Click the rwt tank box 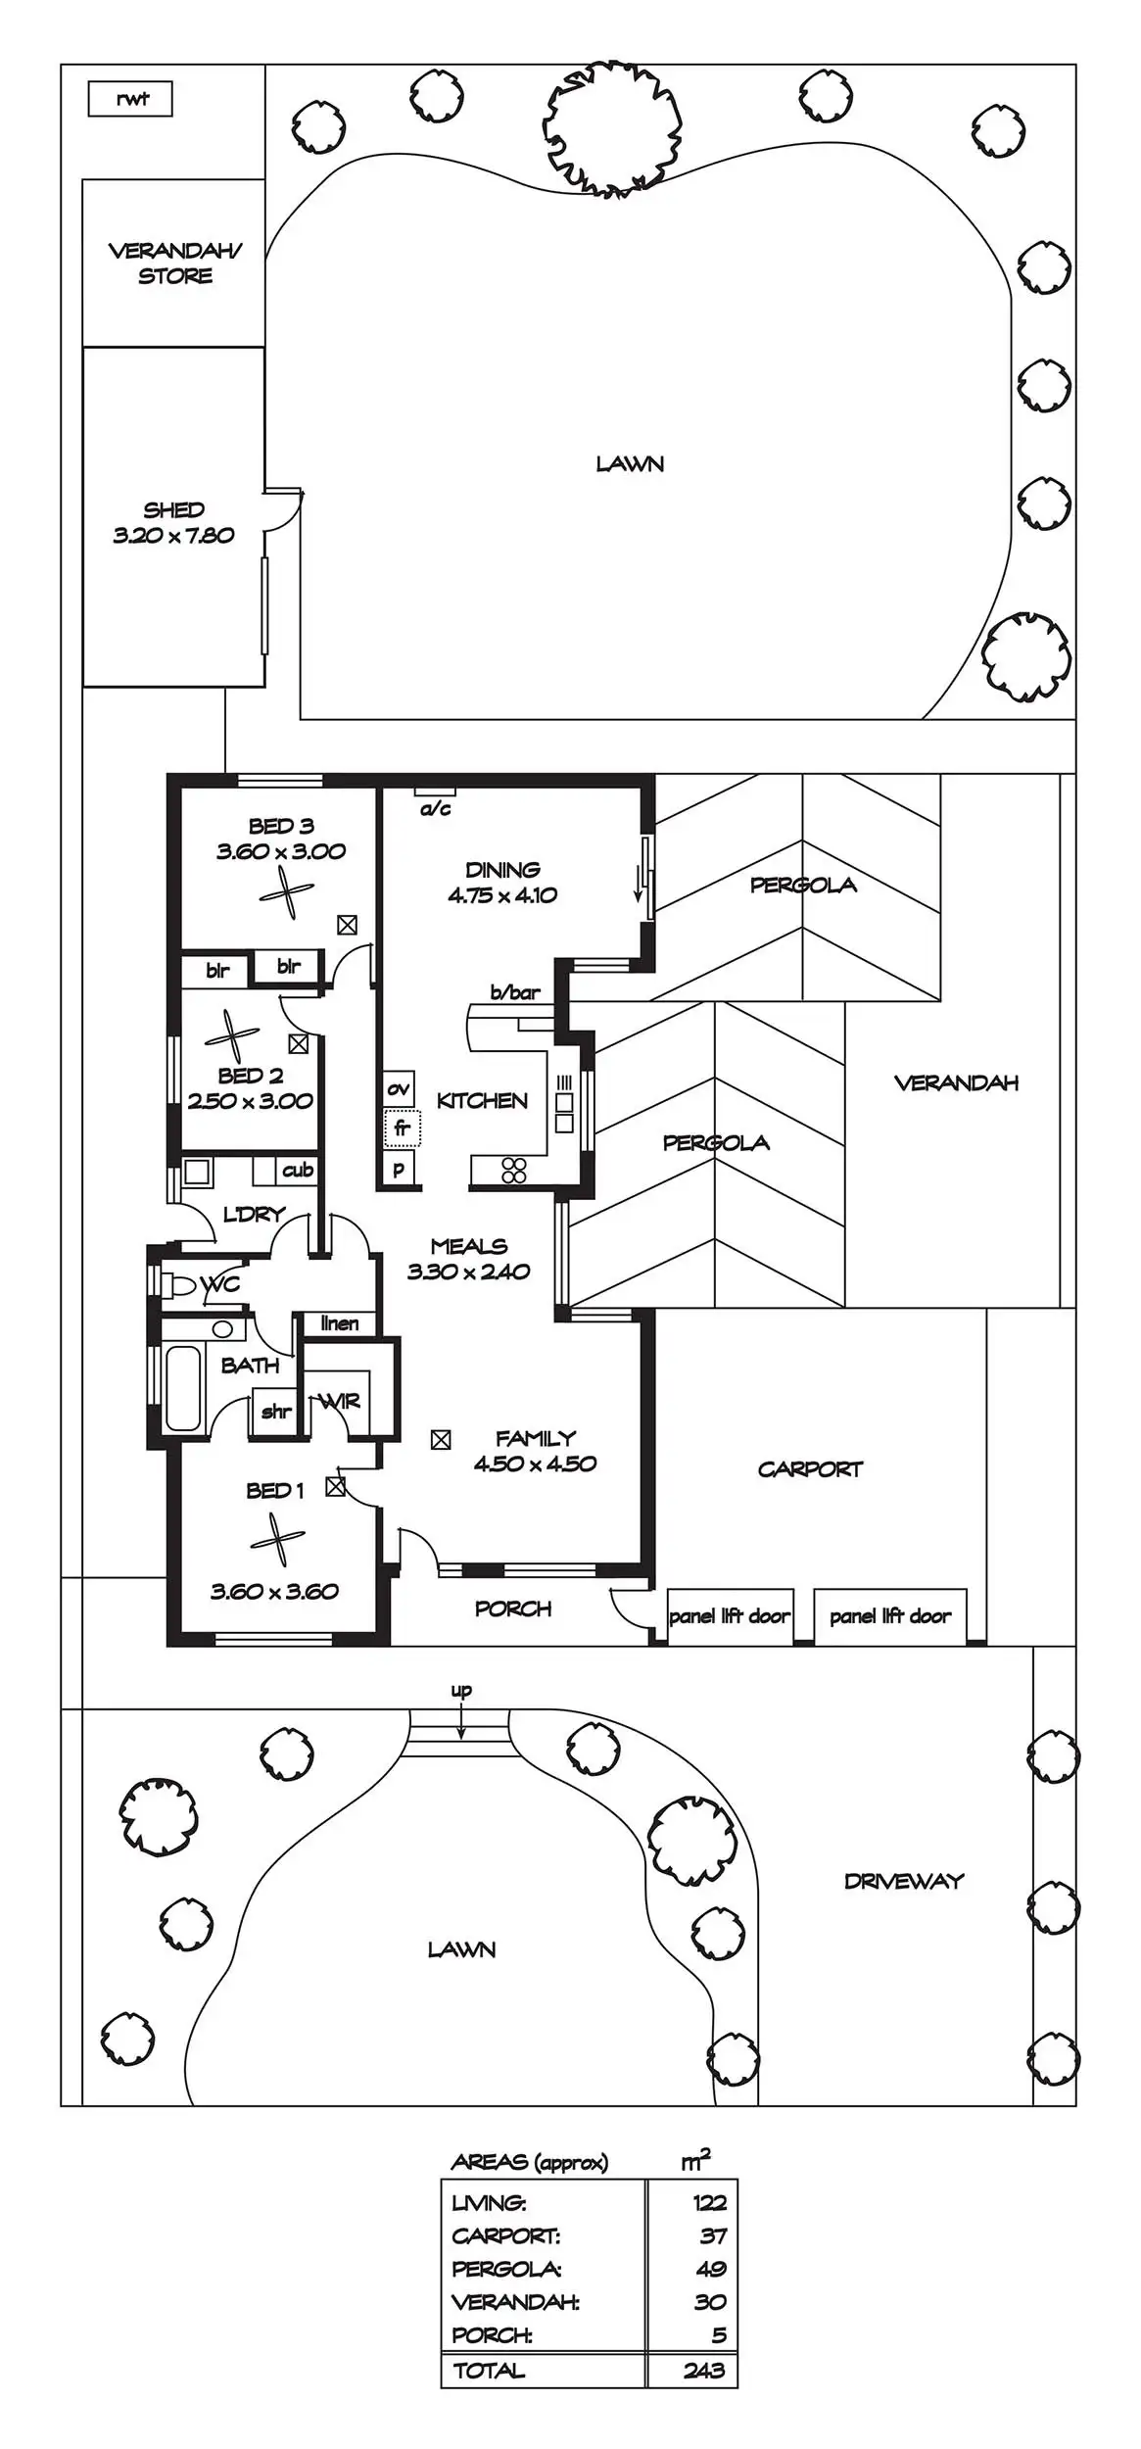tap(130, 99)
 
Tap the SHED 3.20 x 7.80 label tap(173, 523)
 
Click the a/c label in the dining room tap(435, 809)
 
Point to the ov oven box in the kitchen tap(399, 1088)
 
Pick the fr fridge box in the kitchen tap(402, 1128)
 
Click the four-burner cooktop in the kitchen tap(514, 1171)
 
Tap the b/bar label tap(515, 992)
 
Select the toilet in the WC tap(178, 1284)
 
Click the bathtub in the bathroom tap(183, 1388)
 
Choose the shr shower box tap(275, 1412)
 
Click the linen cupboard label tap(339, 1323)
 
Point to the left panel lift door tap(729, 1615)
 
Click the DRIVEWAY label tap(903, 1880)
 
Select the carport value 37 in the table tap(712, 2235)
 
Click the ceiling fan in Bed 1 tap(277, 1541)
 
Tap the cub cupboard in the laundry tap(297, 1170)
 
